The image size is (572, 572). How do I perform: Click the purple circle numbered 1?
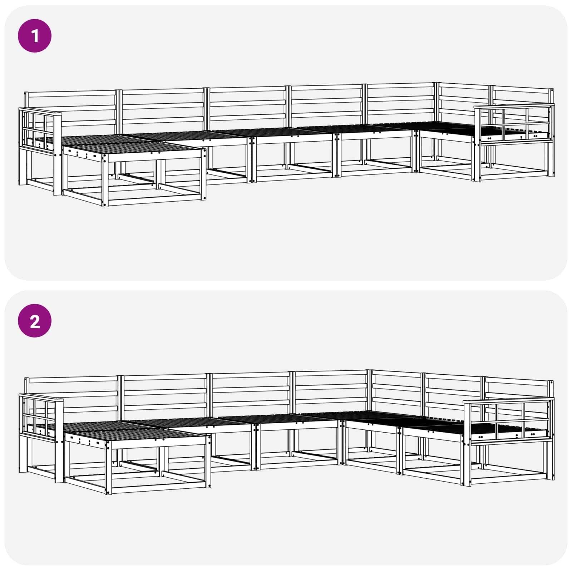(35, 36)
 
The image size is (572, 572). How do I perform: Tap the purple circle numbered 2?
(35, 321)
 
